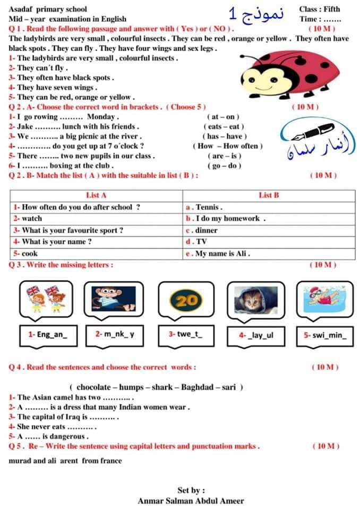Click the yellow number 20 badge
[x=185, y=301]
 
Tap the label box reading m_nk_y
[x=115, y=335]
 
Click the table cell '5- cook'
[x=26, y=253]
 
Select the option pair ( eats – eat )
[x=224, y=126]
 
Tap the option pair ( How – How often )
[x=228, y=146]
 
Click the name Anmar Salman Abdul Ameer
[x=191, y=500]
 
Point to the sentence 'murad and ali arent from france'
[x=65, y=461]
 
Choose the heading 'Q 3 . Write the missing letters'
[x=61, y=265]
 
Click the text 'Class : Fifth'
[x=319, y=9]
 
